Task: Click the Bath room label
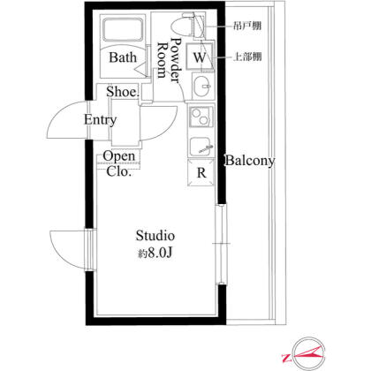123,57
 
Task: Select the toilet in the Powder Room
183,25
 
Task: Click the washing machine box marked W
200,57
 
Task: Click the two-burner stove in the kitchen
201,117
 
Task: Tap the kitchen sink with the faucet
201,148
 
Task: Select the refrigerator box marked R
201,172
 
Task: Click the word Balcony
250,161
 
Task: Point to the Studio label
155,236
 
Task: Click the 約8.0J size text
155,253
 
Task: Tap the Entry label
100,120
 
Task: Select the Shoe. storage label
123,92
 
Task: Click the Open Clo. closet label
119,163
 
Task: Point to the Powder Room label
169,60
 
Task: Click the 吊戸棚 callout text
247,26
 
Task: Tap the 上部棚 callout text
247,57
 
